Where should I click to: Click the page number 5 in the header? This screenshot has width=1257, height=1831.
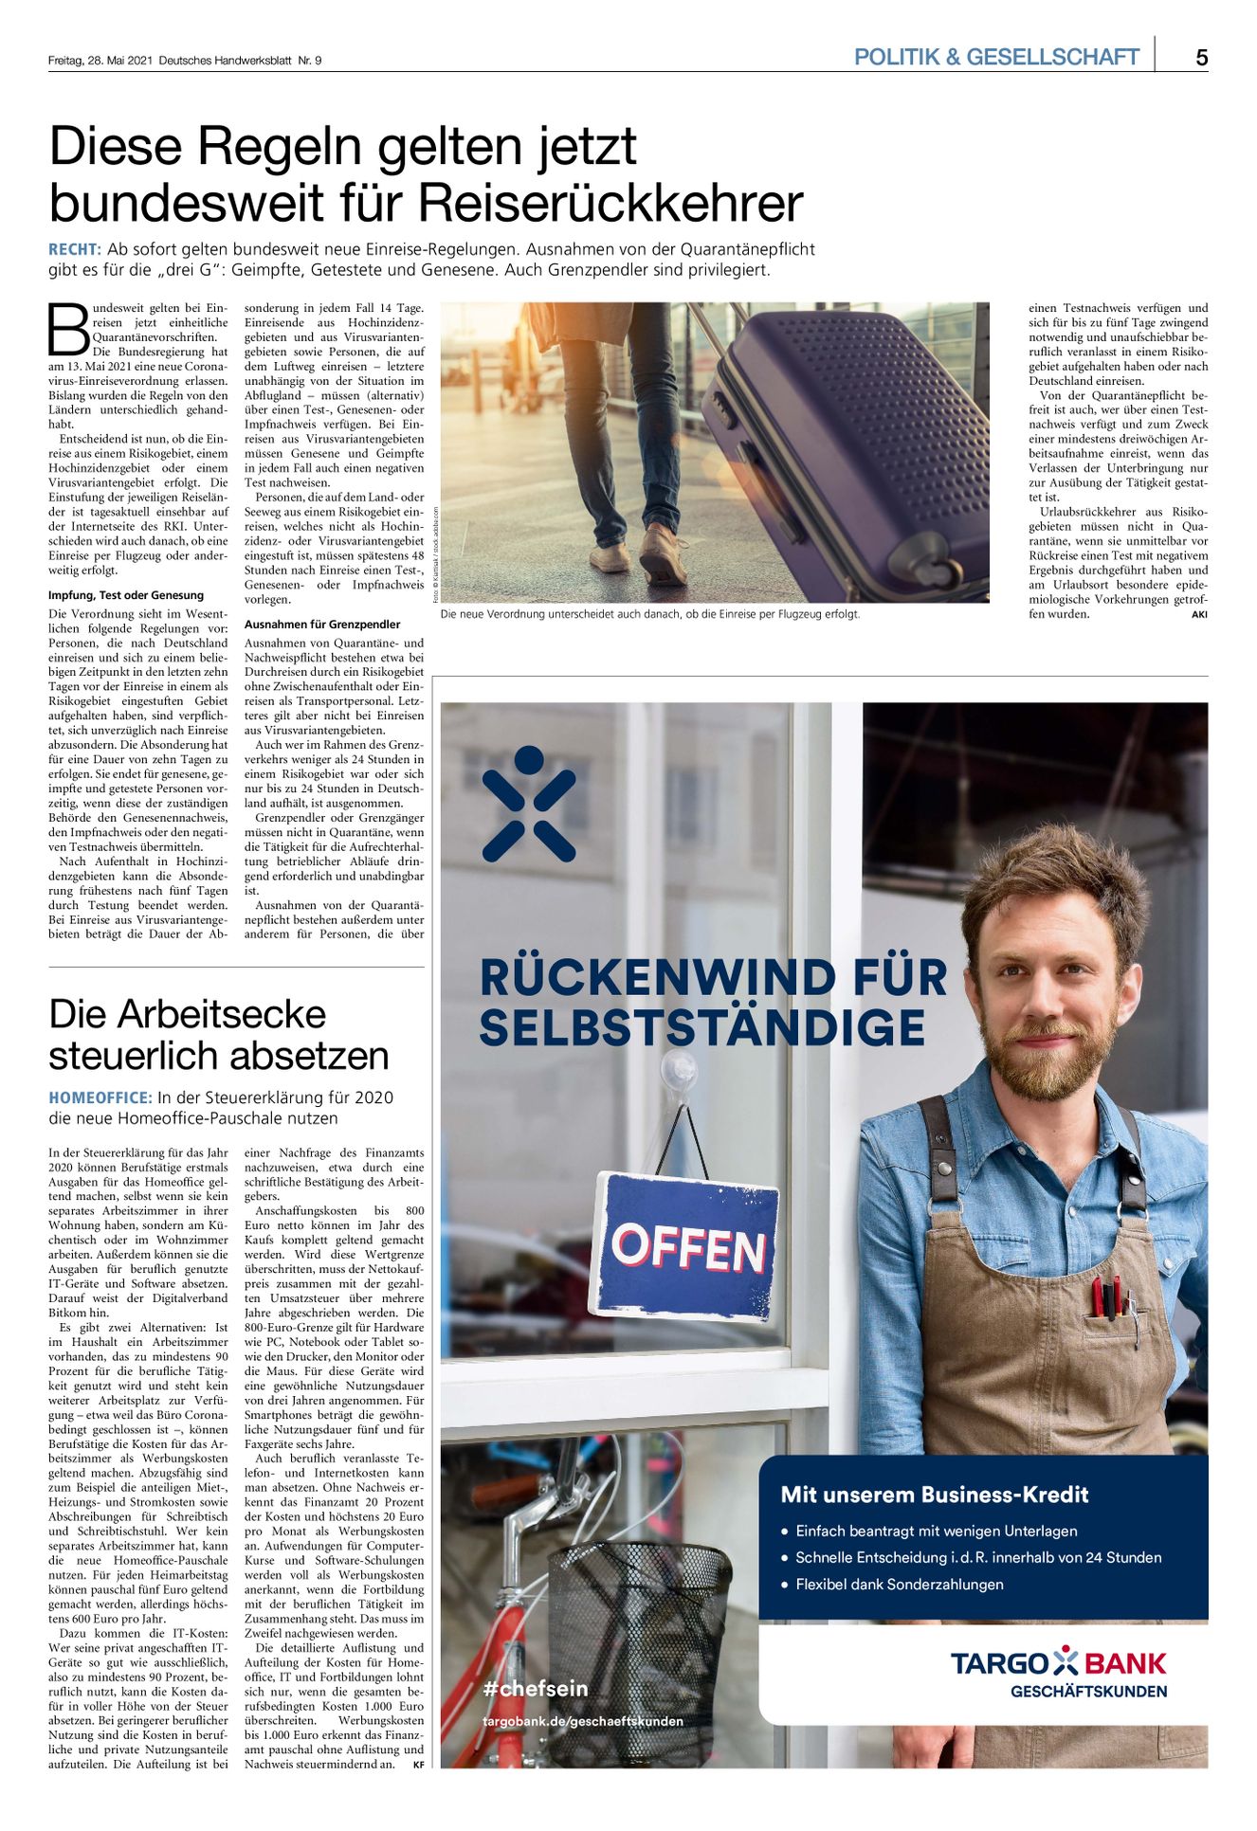point(1201,58)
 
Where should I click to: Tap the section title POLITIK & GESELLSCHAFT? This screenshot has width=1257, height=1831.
point(995,58)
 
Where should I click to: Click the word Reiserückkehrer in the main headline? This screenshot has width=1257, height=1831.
point(610,204)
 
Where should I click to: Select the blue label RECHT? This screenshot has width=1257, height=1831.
point(74,250)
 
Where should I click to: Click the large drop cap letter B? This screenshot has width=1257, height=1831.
point(68,330)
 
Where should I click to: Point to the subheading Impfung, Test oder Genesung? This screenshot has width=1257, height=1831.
point(126,596)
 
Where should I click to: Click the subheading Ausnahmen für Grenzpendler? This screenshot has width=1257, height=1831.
point(322,625)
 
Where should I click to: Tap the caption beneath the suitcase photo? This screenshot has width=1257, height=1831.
point(650,615)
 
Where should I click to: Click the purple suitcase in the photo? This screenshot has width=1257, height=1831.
point(844,436)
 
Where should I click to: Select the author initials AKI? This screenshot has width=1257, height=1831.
point(1199,615)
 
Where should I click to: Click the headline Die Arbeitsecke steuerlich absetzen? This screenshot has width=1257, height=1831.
point(219,1035)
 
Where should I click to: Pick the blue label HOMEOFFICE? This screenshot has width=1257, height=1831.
point(100,1098)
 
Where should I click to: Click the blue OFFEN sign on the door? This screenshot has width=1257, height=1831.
point(687,1247)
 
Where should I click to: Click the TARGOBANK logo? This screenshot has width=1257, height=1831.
point(1058,1664)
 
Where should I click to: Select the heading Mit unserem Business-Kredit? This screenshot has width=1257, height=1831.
point(934,1496)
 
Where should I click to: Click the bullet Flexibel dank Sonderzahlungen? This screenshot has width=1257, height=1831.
point(899,1585)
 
